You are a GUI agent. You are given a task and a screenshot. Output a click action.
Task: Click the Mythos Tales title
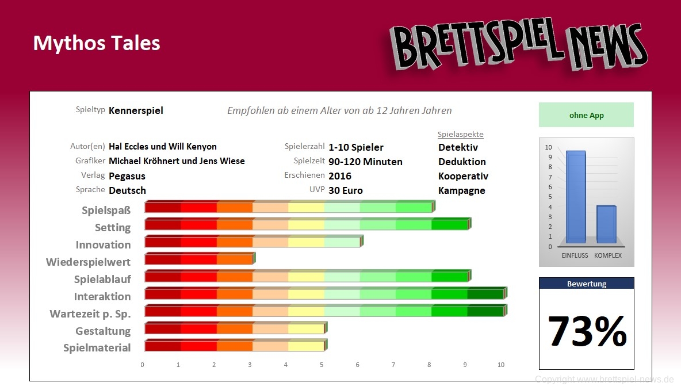tap(97, 43)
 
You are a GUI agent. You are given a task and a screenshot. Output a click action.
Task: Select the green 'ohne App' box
tap(586, 115)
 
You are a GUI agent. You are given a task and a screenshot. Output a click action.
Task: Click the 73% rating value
tap(587, 331)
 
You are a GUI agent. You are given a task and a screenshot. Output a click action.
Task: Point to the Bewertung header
tap(586, 284)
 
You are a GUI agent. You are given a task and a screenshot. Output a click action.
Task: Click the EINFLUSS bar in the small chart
tap(575, 197)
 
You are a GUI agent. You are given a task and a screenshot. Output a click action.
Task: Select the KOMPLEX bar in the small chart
tap(606, 224)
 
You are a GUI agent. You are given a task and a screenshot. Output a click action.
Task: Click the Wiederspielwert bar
tap(199, 259)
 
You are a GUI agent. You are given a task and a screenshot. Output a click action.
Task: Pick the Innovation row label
tap(103, 244)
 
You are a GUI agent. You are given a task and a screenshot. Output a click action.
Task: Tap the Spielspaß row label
tap(106, 210)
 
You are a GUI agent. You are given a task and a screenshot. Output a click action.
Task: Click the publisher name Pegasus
tap(127, 176)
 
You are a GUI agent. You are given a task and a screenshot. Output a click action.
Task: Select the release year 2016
tap(340, 176)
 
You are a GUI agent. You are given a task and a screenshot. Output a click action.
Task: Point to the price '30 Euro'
tap(346, 190)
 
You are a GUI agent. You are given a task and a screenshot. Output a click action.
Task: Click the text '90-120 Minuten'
tap(365, 162)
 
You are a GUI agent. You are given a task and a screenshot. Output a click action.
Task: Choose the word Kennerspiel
tap(136, 110)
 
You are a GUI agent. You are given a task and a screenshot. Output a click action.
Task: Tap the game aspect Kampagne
tap(461, 190)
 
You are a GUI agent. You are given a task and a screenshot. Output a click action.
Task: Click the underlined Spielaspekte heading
tap(460, 135)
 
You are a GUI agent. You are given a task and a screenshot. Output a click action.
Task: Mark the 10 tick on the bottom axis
tap(501, 365)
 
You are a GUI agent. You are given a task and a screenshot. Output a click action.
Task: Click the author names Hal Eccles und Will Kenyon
tap(163, 147)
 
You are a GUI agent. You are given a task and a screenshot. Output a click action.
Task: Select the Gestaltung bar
tap(235, 328)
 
